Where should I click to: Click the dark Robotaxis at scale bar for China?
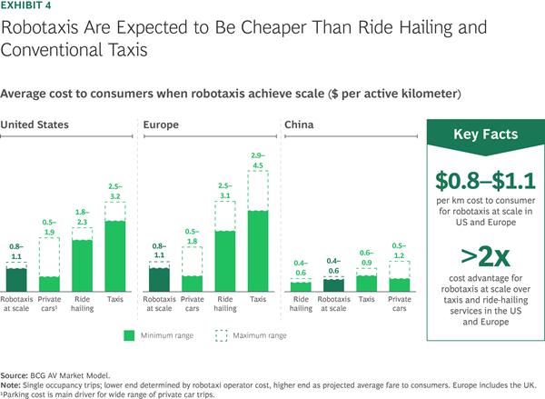[x=335, y=285]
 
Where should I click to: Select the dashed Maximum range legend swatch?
[x=220, y=335]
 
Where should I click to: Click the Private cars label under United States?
[x=51, y=303]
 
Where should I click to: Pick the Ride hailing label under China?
[x=302, y=303]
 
